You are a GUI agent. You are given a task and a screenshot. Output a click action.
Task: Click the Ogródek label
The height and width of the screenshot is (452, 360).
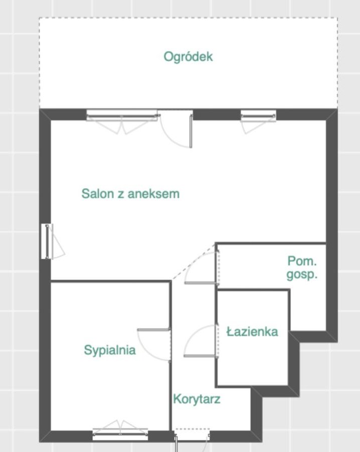pos(188,57)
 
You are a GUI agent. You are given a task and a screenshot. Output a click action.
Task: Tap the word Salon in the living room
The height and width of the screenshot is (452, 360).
pos(98,194)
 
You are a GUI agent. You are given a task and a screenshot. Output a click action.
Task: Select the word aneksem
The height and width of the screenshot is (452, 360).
pos(153,194)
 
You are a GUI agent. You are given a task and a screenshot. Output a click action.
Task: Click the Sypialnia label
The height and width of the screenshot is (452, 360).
pos(110,350)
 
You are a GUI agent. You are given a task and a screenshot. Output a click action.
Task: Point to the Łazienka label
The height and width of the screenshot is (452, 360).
pos(252,332)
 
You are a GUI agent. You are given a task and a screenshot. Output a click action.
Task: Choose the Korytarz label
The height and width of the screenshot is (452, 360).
pos(197,399)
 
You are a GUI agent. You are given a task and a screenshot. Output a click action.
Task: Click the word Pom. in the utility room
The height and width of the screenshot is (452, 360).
pos(302,261)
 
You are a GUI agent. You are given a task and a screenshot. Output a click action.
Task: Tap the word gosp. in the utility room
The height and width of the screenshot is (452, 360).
pos(302,274)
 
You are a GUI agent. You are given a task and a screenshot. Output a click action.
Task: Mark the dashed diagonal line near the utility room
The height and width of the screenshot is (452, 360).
pos(194,262)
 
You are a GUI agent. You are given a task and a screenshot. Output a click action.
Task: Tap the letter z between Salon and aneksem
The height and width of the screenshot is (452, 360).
pos(121,195)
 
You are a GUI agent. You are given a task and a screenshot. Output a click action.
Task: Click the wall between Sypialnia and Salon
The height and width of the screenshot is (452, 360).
pos(110,281)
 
